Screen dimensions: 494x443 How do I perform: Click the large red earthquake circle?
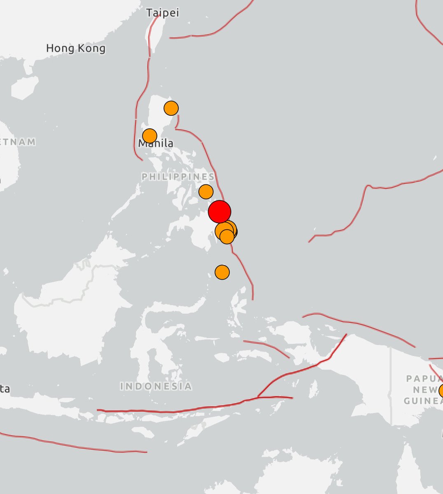pyautogui.click(x=219, y=211)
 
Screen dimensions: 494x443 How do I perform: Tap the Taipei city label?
pyautogui.click(x=163, y=13)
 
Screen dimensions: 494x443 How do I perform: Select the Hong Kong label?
pyautogui.click(x=75, y=49)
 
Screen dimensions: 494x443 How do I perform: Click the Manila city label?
pyautogui.click(x=156, y=144)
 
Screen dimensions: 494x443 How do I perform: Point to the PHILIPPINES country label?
pyautogui.click(x=178, y=177)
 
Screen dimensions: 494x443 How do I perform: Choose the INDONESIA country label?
pyautogui.click(x=156, y=386)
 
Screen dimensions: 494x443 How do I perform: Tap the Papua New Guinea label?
pyautogui.click(x=423, y=389)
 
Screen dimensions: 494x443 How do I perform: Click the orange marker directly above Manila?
pyautogui.click(x=149, y=135)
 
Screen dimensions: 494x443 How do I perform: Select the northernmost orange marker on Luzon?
pyautogui.click(x=171, y=108)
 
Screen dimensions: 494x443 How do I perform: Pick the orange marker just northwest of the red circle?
pyautogui.click(x=205, y=191)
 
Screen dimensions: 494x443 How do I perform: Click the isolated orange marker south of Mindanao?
pyautogui.click(x=222, y=272)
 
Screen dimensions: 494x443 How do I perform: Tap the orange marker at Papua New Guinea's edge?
pyautogui.click(x=441, y=390)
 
